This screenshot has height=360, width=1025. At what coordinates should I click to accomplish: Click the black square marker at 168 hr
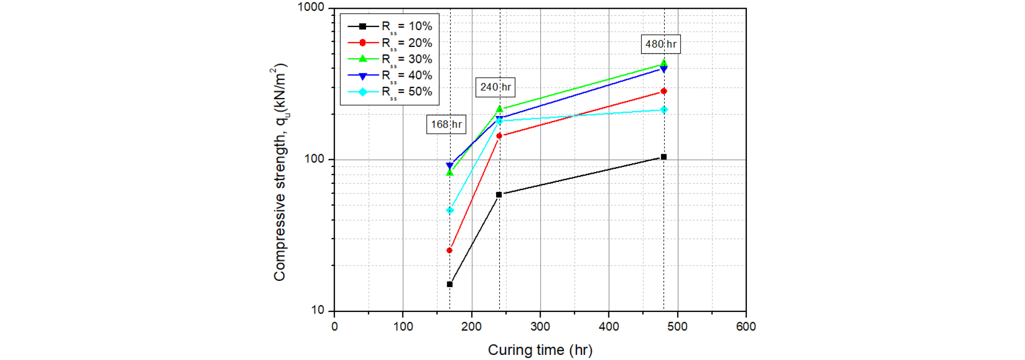[x=450, y=284]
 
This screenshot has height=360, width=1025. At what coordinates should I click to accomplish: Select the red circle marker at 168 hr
[x=450, y=250]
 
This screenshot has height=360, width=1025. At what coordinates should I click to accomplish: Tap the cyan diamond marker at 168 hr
[x=450, y=210]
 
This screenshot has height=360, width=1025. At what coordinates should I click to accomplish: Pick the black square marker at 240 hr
[x=499, y=195]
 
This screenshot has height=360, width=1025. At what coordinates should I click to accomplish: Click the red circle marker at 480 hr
[x=664, y=91]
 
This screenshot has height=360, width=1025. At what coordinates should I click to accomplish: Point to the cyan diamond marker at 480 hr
[x=664, y=110]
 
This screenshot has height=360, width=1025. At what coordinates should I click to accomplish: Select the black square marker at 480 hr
[x=664, y=157]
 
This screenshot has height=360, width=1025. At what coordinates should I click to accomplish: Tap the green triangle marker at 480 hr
[x=664, y=63]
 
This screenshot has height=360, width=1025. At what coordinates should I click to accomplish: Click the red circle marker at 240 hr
[x=499, y=136]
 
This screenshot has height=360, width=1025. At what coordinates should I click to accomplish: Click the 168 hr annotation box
[x=446, y=124]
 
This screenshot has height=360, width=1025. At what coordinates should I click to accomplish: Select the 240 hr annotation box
[x=495, y=87]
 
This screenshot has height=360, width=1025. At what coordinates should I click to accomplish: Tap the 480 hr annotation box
[x=661, y=44]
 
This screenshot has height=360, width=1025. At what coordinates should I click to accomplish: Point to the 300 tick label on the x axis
[x=540, y=327]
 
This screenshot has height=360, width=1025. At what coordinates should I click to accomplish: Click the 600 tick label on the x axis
[x=746, y=327]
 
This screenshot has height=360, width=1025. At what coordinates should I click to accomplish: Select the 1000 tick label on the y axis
[x=311, y=7]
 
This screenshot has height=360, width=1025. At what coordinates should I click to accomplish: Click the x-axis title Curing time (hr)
[x=540, y=350]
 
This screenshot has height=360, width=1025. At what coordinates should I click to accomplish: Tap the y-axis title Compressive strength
[x=280, y=172]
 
